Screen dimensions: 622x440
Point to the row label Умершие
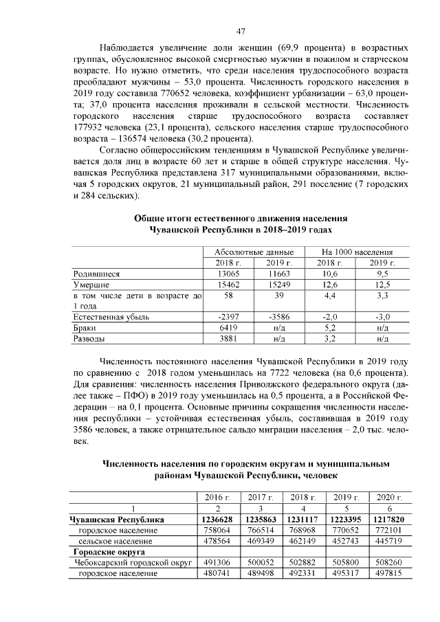(92, 283)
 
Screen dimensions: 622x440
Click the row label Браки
(85, 328)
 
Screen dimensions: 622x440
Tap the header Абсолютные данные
(254, 252)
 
